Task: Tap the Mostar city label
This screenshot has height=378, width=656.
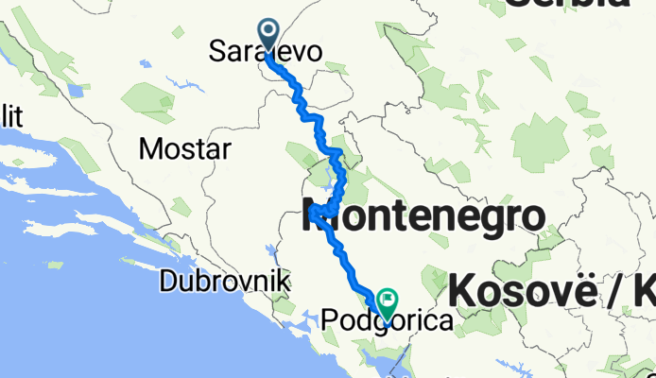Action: click(x=184, y=148)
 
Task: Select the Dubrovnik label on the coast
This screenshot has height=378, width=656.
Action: click(x=225, y=281)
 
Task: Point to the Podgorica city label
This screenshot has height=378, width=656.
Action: click(x=388, y=322)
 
